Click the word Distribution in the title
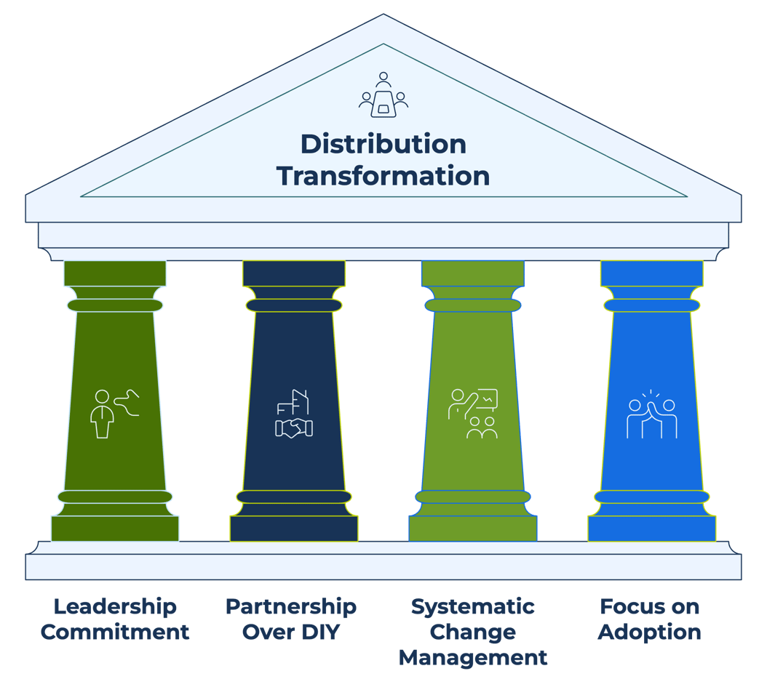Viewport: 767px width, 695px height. [383, 144]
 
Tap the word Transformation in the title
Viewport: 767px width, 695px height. [383, 176]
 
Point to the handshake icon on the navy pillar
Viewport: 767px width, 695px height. [294, 414]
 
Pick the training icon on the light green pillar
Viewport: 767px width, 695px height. [473, 414]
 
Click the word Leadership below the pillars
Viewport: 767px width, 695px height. [115, 606]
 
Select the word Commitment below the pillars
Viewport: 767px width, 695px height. [115, 632]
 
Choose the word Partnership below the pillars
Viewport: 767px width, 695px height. [291, 606]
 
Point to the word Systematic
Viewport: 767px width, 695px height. [473, 606]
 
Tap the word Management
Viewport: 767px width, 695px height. [473, 658]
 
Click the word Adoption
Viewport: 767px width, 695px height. [649, 632]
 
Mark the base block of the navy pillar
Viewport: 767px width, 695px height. [294, 529]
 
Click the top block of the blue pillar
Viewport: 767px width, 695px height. [652, 273]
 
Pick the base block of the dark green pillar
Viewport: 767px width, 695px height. [115, 529]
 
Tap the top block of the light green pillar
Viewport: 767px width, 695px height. [473, 273]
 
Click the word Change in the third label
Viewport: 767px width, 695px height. [473, 632]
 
